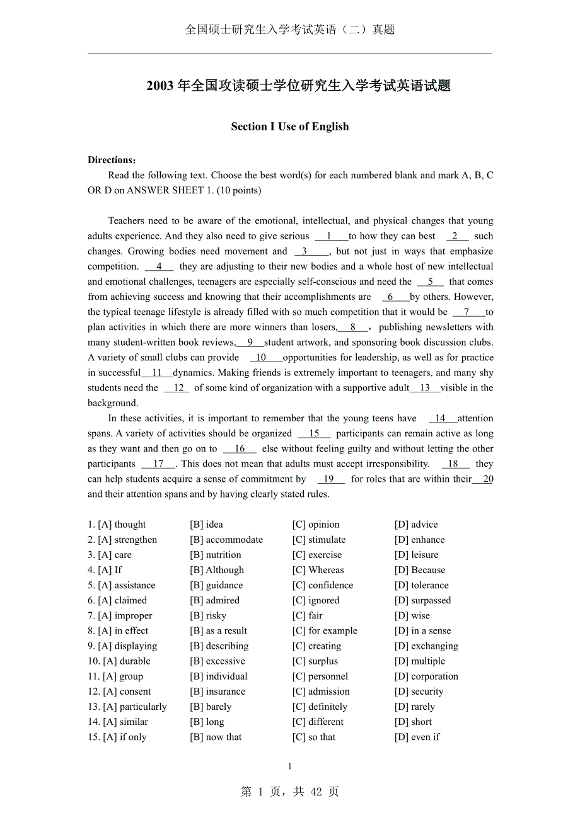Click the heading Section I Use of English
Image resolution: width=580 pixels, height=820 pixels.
[289, 127]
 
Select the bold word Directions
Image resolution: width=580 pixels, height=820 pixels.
[110, 160]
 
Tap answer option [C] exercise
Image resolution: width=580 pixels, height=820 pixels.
[316, 555]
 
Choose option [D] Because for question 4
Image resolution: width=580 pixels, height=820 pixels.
[419, 570]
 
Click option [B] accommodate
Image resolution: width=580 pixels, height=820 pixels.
[226, 540]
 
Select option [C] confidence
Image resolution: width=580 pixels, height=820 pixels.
[322, 585]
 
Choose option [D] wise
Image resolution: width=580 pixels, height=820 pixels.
[412, 615]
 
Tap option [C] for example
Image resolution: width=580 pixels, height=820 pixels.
[324, 630]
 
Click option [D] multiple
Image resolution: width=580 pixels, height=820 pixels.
[419, 661]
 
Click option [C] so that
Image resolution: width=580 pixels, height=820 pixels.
[313, 737]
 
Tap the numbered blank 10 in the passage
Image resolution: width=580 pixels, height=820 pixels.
[261, 358]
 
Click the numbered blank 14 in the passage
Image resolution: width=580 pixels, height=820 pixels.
[440, 418]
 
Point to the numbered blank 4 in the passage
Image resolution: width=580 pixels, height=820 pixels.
[159, 266]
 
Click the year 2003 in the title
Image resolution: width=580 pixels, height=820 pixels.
[160, 86]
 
